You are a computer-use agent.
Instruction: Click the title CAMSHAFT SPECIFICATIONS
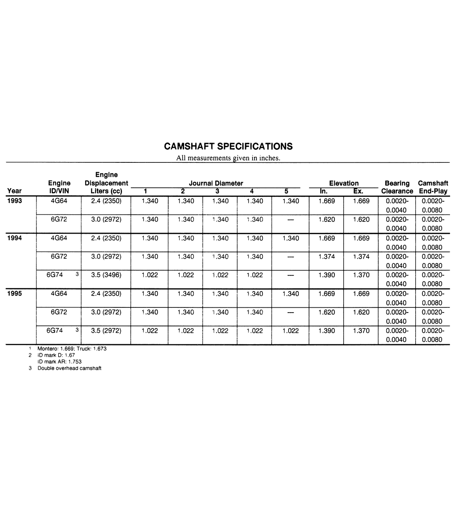(228, 146)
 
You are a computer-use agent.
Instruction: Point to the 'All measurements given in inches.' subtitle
(228, 158)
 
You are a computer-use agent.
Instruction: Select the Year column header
(15, 191)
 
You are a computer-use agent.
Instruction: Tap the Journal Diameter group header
(216, 183)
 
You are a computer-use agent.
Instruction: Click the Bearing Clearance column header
(397, 187)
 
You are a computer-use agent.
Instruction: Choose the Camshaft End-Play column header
(433, 187)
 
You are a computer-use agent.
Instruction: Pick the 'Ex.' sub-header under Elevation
(358, 191)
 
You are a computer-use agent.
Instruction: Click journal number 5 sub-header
(286, 191)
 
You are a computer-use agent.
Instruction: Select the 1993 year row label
(14, 201)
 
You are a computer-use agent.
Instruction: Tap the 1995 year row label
(14, 294)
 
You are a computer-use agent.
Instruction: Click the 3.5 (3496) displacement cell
(106, 275)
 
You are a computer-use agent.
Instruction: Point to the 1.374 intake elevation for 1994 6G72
(327, 256)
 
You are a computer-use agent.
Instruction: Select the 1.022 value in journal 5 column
(291, 331)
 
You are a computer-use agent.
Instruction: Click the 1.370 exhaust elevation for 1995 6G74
(361, 331)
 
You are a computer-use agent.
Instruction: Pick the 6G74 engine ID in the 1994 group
(55, 275)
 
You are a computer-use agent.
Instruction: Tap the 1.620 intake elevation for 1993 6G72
(327, 219)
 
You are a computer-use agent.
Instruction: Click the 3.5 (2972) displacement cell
(106, 331)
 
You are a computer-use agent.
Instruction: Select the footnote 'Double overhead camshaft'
(69, 368)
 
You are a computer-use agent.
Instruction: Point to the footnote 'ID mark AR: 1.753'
(59, 362)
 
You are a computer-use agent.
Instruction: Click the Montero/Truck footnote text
(72, 349)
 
